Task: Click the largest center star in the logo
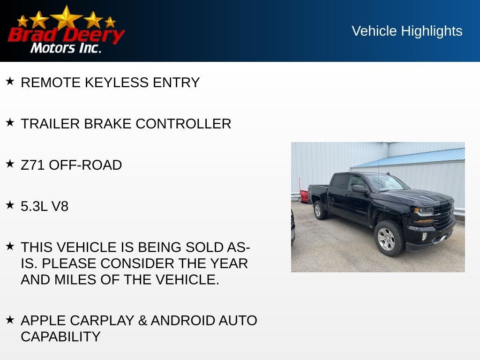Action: point(67,18)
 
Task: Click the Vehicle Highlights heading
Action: point(407,31)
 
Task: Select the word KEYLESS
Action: point(117,82)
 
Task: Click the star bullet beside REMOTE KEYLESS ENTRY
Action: point(10,81)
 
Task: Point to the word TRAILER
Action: point(50,124)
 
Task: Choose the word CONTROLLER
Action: point(183,124)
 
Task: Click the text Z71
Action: point(33,165)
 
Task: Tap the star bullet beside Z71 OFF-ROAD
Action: point(10,164)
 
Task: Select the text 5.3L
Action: point(34,206)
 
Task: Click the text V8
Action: point(60,206)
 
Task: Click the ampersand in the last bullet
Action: point(142,321)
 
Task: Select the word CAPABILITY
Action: point(60,337)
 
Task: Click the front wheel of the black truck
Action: point(389,238)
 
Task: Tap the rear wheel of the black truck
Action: point(320,210)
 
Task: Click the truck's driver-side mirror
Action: point(360,189)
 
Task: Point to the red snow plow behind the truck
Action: point(304,196)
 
